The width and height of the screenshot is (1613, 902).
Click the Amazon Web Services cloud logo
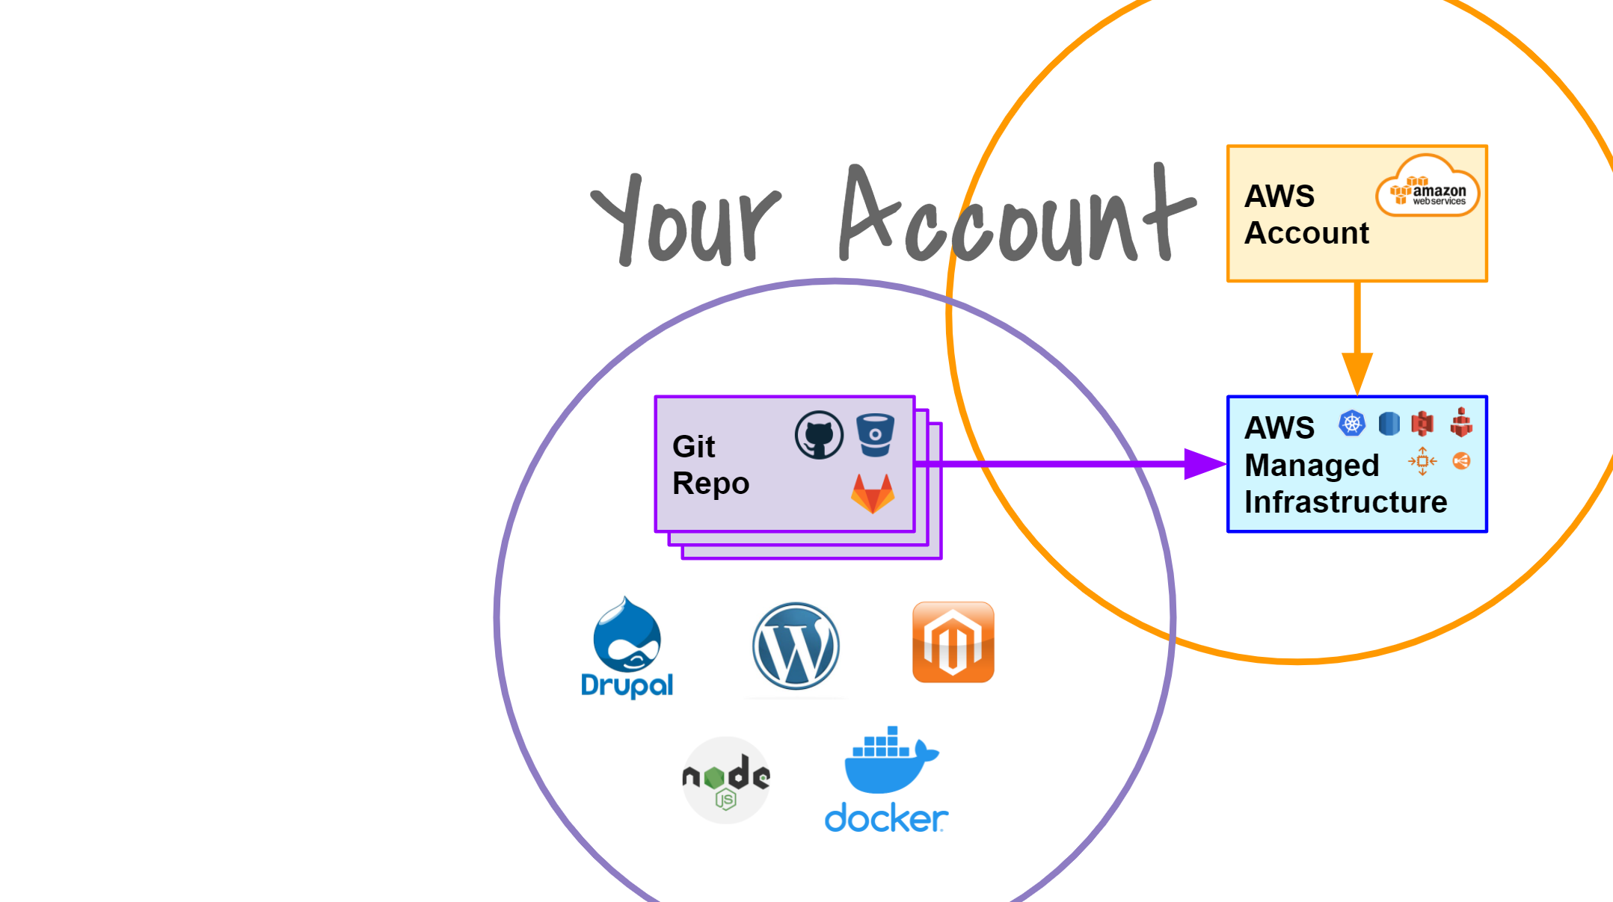tap(1428, 186)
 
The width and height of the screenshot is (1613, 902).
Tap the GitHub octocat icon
tap(819, 435)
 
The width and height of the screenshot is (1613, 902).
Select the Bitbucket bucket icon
tap(875, 435)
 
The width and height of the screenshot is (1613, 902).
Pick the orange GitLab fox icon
tap(873, 493)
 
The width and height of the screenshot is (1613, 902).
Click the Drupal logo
tap(627, 647)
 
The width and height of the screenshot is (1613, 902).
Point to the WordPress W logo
tap(796, 646)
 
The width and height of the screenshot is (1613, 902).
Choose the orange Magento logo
tap(953, 642)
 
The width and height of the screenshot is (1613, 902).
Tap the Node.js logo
tap(726, 779)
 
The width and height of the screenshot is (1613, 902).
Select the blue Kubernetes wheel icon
tap(1351, 424)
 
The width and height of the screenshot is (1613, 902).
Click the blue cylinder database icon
tap(1389, 424)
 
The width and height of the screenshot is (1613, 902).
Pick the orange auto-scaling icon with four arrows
tap(1422, 461)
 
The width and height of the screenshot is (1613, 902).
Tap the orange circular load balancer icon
tap(1461, 461)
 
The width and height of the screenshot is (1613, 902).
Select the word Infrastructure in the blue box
tap(1345, 502)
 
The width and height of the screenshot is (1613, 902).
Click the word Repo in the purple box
tap(710, 484)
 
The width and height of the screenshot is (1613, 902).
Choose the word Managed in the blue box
tap(1312, 466)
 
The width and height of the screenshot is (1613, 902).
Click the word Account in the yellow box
tap(1306, 233)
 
